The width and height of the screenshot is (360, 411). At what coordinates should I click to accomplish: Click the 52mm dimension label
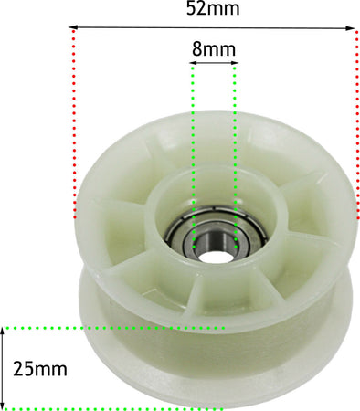pos(213,8)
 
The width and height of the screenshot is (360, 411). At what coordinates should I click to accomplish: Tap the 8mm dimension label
pos(214,48)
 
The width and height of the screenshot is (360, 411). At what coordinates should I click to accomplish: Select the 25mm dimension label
pos(40,369)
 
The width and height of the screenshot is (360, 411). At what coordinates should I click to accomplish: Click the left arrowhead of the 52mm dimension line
pos(73,27)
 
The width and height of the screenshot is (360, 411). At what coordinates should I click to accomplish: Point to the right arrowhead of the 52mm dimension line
pos(351,28)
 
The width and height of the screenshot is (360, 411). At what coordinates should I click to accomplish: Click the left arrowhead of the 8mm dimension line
pos(193,63)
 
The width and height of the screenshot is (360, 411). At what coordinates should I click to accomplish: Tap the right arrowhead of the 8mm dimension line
pos(235,63)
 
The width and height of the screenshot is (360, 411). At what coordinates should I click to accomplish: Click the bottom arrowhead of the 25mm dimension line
pos(3,406)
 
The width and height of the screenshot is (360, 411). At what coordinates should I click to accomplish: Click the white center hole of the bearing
pos(215,258)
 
